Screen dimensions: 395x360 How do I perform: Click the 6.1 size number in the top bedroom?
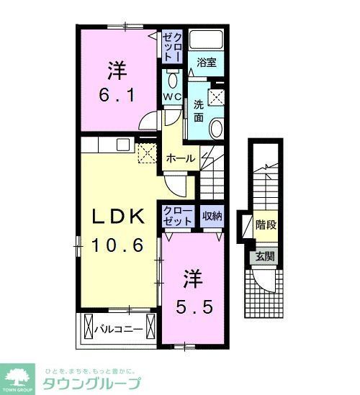(118, 94)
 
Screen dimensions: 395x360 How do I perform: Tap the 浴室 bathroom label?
(207, 63)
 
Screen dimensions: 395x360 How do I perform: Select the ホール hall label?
(179, 158)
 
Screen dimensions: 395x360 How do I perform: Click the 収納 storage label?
(212, 214)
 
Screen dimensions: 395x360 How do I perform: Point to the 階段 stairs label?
(266, 225)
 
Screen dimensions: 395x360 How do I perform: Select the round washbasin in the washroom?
(216, 128)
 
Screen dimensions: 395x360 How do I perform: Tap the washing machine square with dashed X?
(215, 99)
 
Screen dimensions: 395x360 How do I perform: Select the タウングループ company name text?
(93, 382)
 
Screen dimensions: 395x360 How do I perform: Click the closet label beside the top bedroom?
(172, 45)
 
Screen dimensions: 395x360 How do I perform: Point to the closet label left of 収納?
(178, 214)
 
